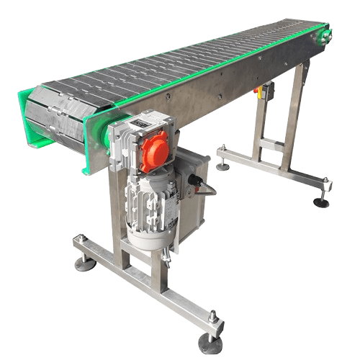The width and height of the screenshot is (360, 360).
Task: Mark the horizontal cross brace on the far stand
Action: point(272,144)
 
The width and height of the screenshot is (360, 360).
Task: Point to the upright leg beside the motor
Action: point(115,209)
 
